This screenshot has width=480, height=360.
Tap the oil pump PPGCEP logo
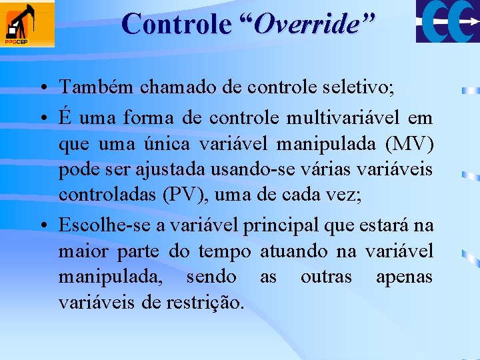pyautogui.click(x=27, y=24)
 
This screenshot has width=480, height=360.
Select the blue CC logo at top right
pyautogui.click(x=447, y=21)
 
